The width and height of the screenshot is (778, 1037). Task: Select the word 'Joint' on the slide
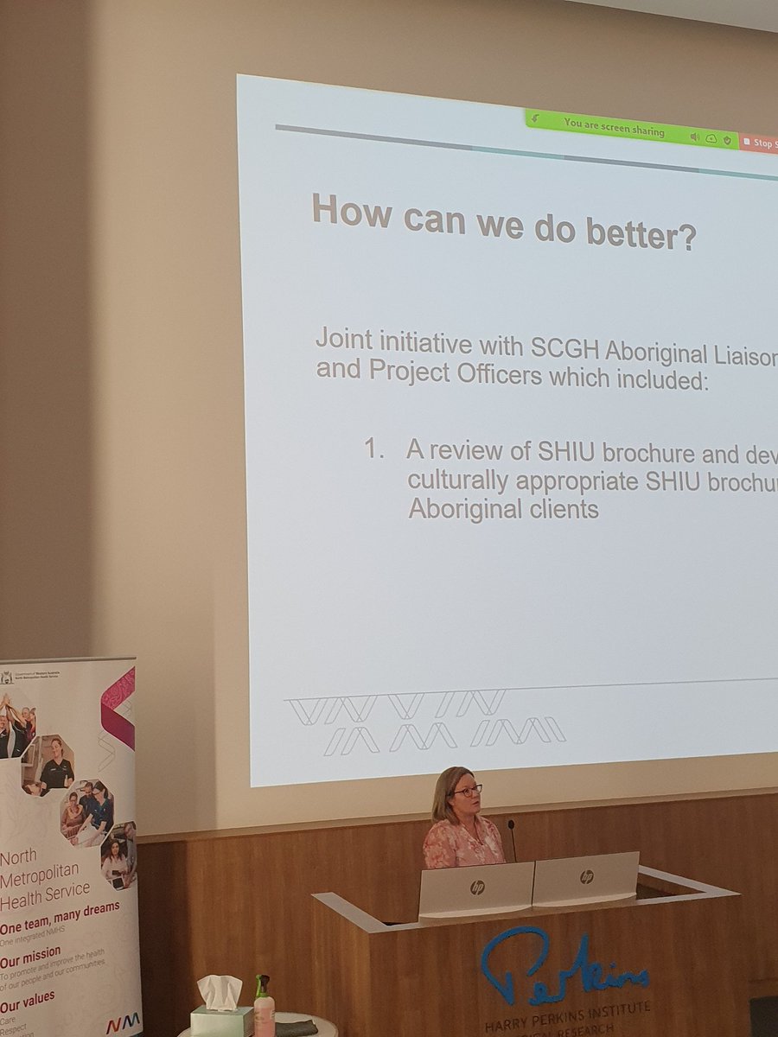pyautogui.click(x=342, y=338)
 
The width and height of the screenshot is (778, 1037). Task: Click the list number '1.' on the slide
pyautogui.click(x=373, y=449)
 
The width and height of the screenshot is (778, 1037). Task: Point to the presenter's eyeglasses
pyautogui.click(x=465, y=791)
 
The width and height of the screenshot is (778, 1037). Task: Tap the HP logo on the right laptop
pyautogui.click(x=586, y=876)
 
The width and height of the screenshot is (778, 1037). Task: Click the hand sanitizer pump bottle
pyautogui.click(x=264, y=1008)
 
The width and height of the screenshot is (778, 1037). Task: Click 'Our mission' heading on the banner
pyautogui.click(x=31, y=952)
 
